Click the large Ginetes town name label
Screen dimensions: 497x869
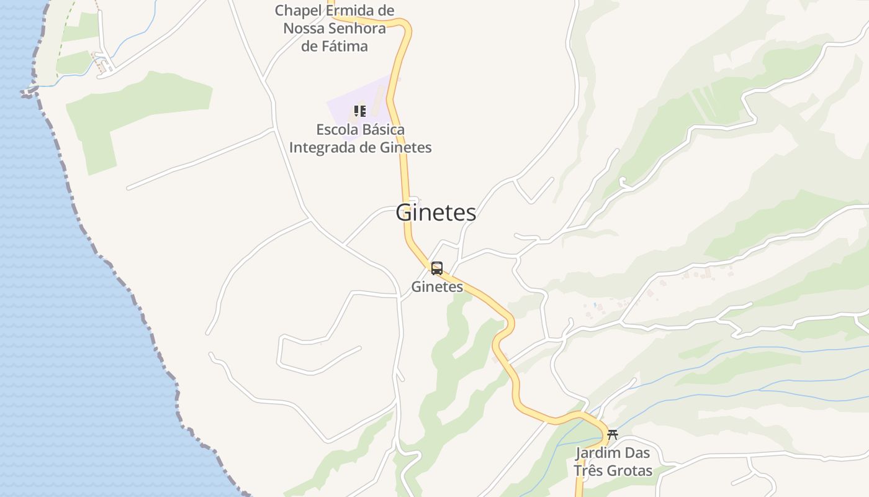tap(436, 212)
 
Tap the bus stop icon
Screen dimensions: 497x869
tap(437, 268)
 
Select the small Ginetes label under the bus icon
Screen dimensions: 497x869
tap(437, 286)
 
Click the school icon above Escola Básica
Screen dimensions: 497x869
tap(359, 111)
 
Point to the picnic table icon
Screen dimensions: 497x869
tap(613, 435)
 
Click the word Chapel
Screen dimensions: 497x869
tap(298, 11)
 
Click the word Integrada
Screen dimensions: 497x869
tap(320, 148)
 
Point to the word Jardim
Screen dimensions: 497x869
tap(598, 453)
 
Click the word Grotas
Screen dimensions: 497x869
tap(630, 470)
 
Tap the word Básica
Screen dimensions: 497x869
tap(384, 130)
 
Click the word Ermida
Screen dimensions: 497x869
tap(352, 11)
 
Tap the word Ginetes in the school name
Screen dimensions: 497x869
tap(405, 148)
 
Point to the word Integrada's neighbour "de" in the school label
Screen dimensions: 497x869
tap(364, 148)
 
